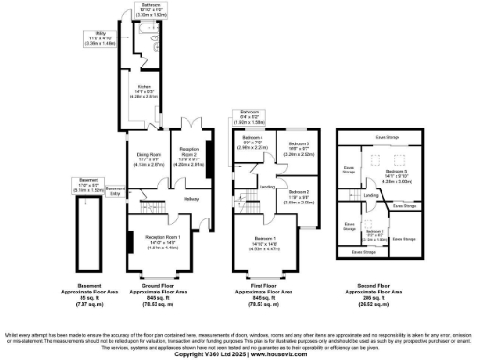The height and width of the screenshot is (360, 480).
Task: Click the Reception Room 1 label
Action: pos(162,243)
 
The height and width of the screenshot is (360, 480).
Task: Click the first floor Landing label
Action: pos(267,187)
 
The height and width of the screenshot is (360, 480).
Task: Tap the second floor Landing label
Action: pos(371,195)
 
